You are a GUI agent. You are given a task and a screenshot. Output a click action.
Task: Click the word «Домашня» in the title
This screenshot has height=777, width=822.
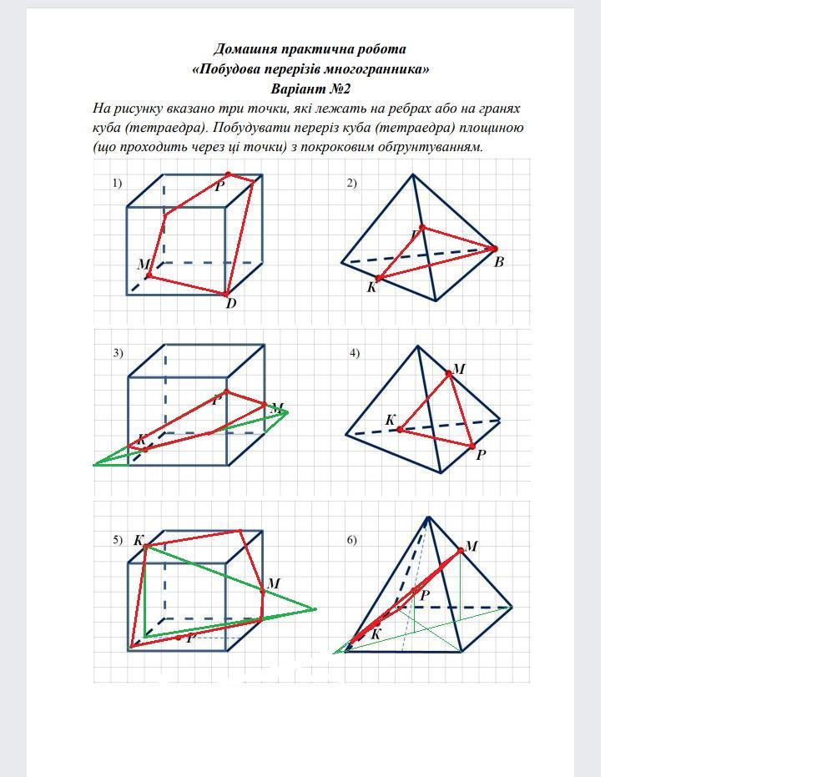click(245, 49)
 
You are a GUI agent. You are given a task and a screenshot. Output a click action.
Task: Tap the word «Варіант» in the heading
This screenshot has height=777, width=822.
click(298, 88)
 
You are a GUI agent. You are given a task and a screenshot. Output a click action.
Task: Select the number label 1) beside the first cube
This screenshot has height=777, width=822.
click(117, 183)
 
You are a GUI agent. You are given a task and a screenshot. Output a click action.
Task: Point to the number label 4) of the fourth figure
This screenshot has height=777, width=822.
click(355, 353)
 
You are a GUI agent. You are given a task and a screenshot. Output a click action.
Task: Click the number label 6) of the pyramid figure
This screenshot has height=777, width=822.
click(352, 539)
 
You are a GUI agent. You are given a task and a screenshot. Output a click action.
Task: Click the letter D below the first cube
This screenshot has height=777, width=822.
click(231, 304)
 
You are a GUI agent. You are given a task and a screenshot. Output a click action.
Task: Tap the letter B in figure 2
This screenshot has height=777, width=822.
click(499, 262)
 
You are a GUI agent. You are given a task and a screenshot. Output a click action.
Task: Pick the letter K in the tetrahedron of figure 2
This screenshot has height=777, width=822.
click(371, 287)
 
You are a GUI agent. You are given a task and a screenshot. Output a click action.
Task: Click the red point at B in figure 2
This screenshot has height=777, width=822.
click(494, 249)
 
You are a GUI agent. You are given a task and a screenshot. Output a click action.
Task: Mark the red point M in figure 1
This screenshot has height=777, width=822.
click(149, 275)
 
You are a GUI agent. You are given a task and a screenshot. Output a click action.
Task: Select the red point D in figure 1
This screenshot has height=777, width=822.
click(226, 295)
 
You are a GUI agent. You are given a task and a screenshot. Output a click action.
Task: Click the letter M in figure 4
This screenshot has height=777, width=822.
click(459, 369)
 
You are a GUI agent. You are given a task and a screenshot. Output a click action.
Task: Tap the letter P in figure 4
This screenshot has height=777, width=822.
click(481, 455)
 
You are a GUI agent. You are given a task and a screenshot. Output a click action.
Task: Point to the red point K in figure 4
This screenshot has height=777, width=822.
click(400, 429)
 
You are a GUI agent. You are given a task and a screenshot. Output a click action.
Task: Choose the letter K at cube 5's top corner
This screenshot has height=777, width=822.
click(139, 540)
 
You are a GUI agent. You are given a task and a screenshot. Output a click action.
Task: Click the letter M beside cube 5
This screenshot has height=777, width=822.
click(274, 583)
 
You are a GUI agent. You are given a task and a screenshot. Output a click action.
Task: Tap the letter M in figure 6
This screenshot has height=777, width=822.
click(472, 547)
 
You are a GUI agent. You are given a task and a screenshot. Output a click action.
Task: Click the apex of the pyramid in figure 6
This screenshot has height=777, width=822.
click(429, 517)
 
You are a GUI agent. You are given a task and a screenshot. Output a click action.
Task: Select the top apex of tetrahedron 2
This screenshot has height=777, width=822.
click(413, 174)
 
